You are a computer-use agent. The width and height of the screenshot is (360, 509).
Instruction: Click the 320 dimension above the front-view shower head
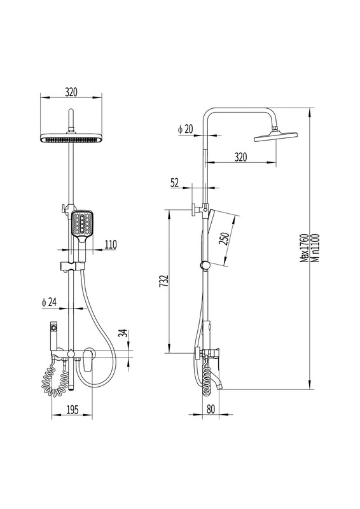pos(71,92)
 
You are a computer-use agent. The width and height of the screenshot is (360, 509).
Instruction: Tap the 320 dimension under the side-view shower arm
pos(240,157)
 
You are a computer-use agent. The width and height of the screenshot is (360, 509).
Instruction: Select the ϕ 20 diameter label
pos(185,129)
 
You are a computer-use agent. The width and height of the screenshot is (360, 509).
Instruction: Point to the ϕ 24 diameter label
pos(49,302)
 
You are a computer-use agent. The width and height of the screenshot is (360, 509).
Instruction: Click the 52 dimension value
pos(175,183)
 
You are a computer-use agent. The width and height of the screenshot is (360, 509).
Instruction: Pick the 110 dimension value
pos(111,244)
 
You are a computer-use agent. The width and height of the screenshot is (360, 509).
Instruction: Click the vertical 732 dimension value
pos(164,281)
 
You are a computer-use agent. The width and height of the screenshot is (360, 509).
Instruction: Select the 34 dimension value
pos(122,333)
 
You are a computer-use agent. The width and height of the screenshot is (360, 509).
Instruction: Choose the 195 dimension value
pos(72,410)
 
